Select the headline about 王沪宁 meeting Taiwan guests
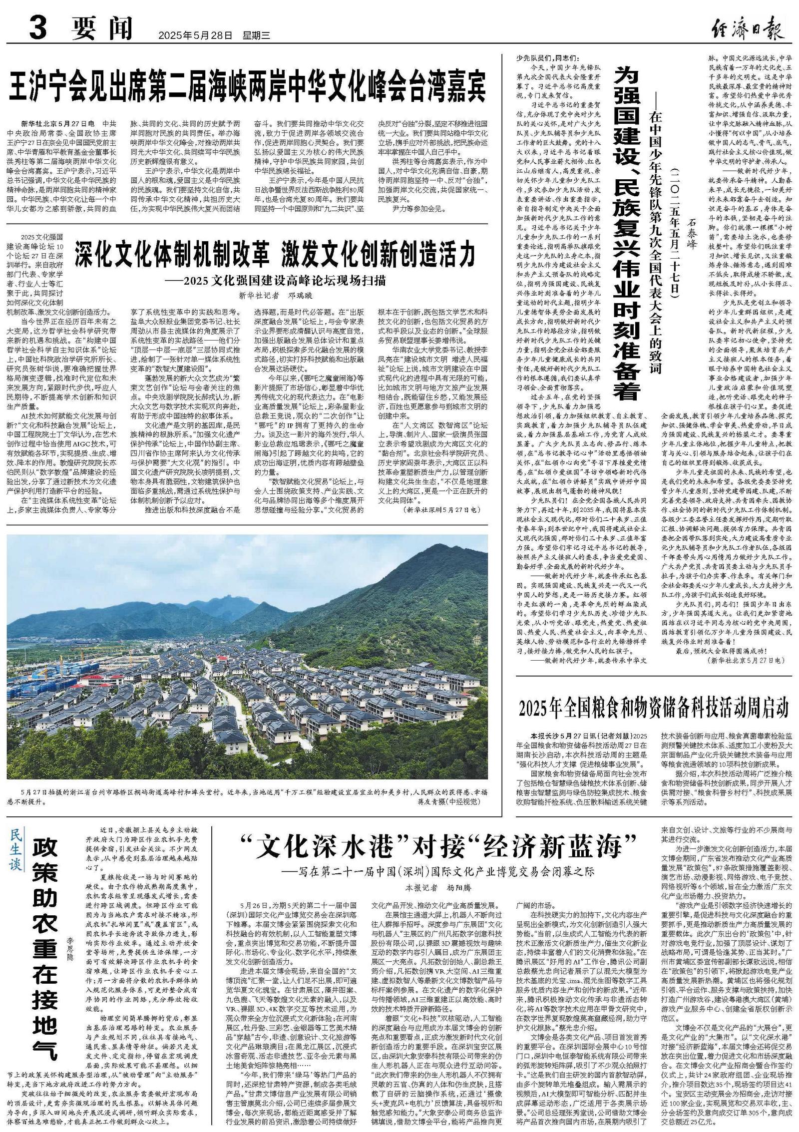pyautogui.click(x=248, y=86)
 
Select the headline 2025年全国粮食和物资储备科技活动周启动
pyautogui.click(x=654, y=708)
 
